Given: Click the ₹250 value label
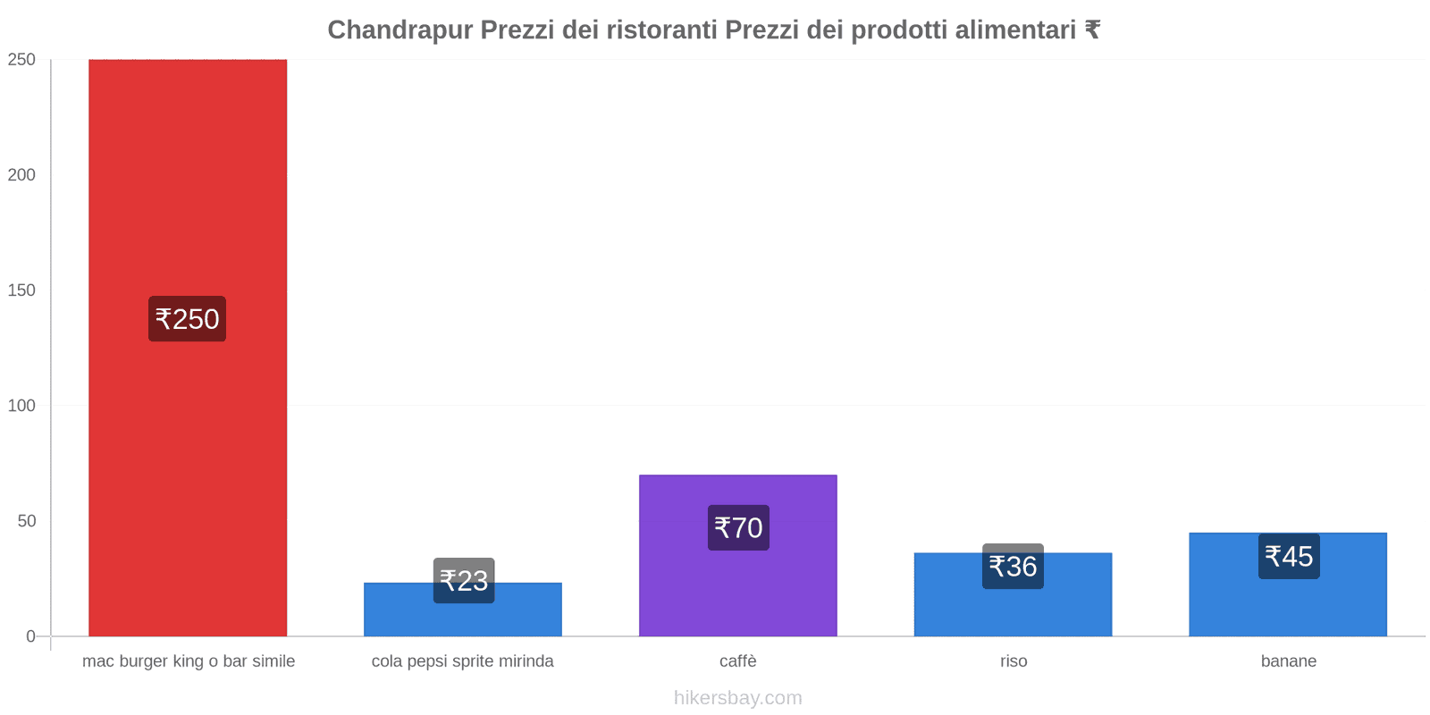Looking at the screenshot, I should (187, 319).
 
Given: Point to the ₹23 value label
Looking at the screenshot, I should (464, 581).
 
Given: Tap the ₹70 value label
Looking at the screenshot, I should (738, 527).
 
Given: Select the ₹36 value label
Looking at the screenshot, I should (1013, 567).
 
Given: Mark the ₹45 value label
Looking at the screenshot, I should (1289, 557).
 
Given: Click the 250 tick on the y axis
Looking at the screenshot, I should (21, 60).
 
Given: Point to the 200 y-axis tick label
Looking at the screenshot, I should (21, 175).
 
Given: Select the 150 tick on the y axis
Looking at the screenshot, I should (21, 290).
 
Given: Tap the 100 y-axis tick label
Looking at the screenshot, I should (21, 406).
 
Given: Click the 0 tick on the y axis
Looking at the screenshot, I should (30, 636).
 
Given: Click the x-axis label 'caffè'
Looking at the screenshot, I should (738, 661).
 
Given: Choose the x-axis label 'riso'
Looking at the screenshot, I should (1014, 661).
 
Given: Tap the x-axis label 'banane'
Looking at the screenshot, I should (1288, 661).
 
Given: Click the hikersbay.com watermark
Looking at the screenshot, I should (738, 698).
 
